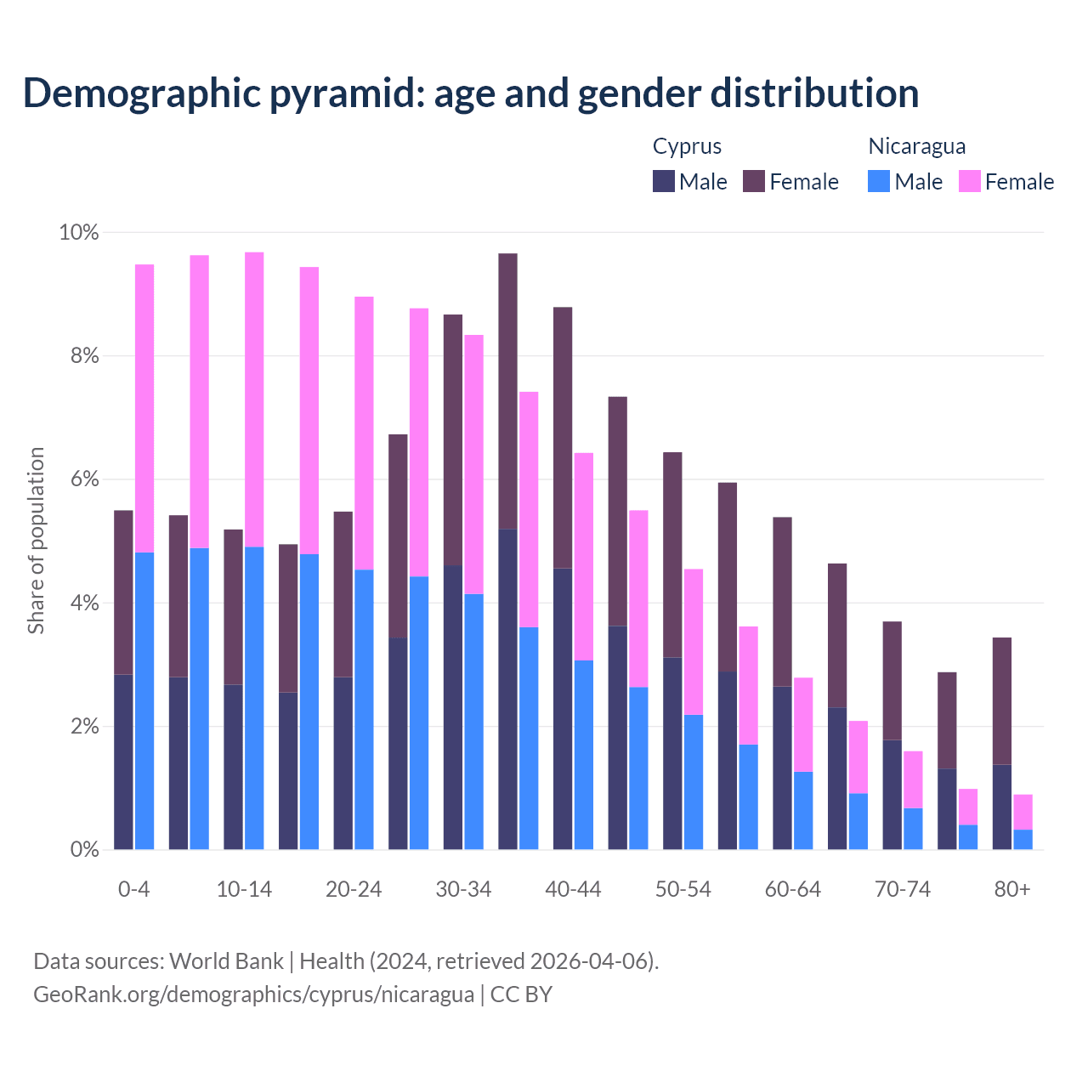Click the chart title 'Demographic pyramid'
[470, 93]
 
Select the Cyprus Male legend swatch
[664, 181]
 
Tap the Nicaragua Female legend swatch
[970, 181]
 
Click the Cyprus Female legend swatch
[754, 181]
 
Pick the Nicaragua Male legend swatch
[879, 181]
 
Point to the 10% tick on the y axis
[79, 232]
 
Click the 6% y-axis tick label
[84, 479]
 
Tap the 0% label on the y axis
[84, 849]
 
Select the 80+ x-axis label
[1011, 889]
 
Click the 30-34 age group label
[463, 889]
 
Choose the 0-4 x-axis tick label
[133, 889]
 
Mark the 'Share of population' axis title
[36, 541]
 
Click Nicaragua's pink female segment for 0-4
[144, 408]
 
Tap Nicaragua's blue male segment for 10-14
[254, 697]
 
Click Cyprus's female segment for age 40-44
[563, 437]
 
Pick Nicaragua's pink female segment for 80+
[1023, 812]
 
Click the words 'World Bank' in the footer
[226, 960]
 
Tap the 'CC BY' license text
[521, 994]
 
